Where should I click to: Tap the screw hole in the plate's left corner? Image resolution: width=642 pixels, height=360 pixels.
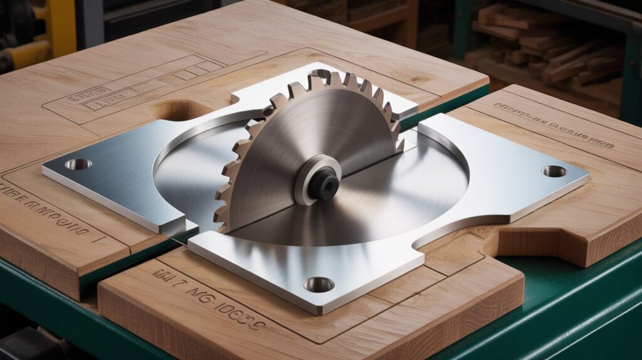coord(78,164)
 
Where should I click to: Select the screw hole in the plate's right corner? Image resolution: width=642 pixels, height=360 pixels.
coord(554,171)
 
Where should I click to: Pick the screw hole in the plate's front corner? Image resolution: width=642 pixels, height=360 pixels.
coord(319,285)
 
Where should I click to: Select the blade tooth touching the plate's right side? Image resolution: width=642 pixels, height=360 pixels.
coord(398,143)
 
